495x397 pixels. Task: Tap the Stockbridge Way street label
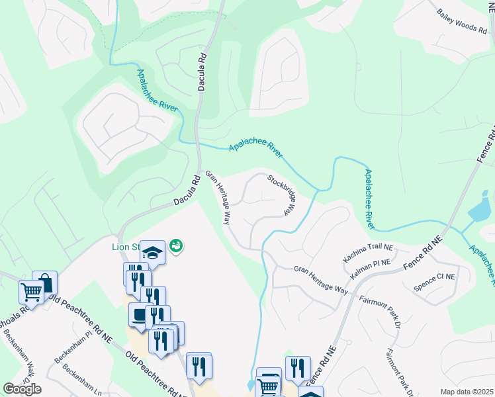pyautogui.click(x=280, y=195)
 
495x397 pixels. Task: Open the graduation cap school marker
pyautogui.click(x=152, y=252)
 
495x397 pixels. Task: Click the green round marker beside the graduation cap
pyautogui.click(x=176, y=246)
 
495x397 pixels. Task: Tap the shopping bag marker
pyautogui.click(x=45, y=283)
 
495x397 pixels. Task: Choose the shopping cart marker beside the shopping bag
pyautogui.click(x=31, y=291)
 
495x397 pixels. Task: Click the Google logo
pyautogui.click(x=22, y=389)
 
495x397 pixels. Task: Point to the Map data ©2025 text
pyautogui.click(x=467, y=392)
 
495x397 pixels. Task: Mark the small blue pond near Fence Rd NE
pyautogui.click(x=478, y=211)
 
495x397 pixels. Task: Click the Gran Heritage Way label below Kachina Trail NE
pyautogui.click(x=321, y=279)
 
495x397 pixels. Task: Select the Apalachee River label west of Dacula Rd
pyautogui.click(x=158, y=92)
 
